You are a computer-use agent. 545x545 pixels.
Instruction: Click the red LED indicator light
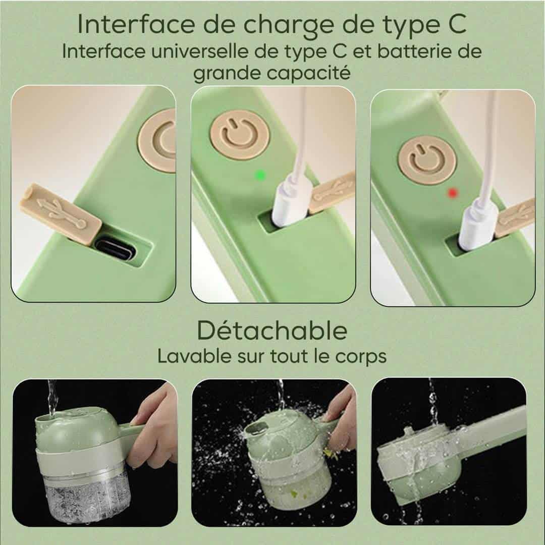tap(452, 193)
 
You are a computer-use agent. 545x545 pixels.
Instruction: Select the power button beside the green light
tap(240, 135)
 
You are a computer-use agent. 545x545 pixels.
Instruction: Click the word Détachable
tap(272, 331)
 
